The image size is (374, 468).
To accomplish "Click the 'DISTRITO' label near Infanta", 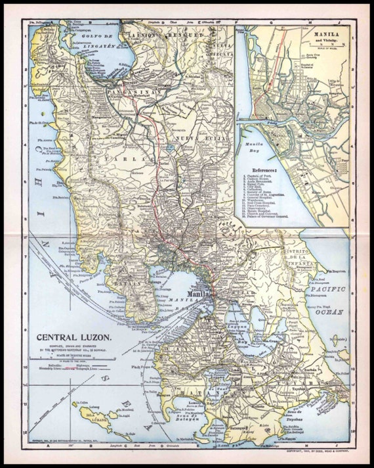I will pos(293,253).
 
